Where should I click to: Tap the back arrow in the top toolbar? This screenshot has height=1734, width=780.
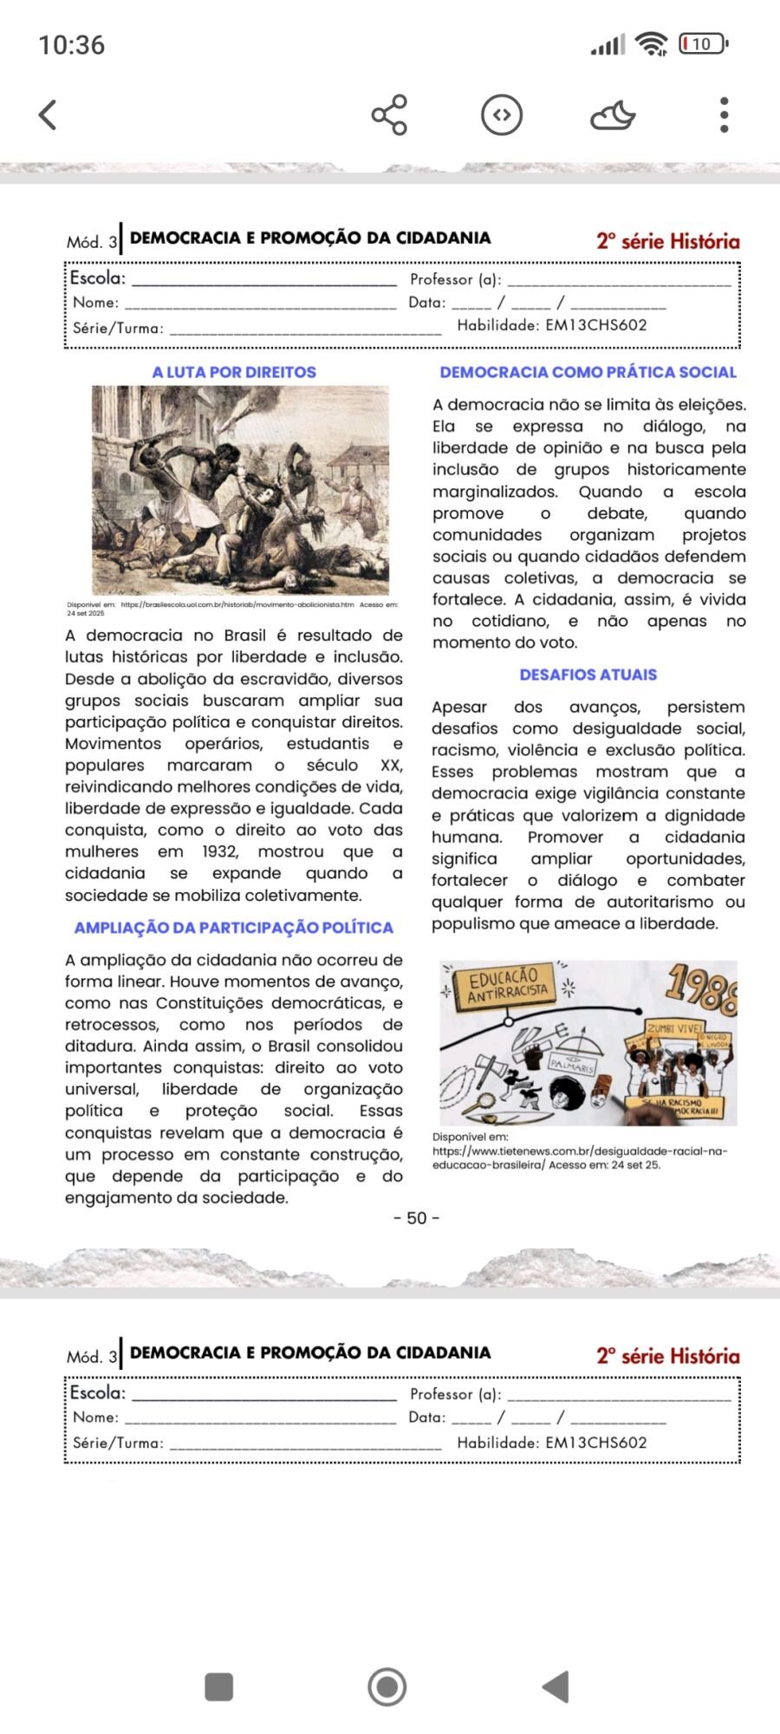[x=49, y=114]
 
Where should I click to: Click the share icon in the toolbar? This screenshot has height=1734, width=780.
[x=389, y=114]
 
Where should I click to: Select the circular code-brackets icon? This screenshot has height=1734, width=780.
[x=502, y=114]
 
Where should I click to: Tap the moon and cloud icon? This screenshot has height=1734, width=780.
[x=613, y=114]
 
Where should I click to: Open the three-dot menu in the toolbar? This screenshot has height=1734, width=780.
[x=725, y=114]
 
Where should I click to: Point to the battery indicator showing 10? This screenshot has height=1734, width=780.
[x=703, y=43]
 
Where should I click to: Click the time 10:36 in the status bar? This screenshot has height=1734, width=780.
[x=72, y=45]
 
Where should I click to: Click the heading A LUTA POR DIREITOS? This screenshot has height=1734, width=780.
[x=234, y=372]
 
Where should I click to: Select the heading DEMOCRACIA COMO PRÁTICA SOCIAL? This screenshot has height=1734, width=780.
[x=588, y=372]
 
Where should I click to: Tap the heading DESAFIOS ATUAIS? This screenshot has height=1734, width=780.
[x=588, y=675]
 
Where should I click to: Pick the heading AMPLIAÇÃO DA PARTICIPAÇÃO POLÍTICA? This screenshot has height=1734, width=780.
[x=234, y=928]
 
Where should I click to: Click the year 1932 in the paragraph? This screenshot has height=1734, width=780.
[x=219, y=851]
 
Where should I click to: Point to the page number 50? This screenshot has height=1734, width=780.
[x=417, y=1218]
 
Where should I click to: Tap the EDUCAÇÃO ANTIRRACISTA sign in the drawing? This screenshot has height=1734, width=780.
[x=509, y=984]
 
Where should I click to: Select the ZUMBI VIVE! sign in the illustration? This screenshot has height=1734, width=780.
[x=674, y=1028]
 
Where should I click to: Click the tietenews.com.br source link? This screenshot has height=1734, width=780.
[x=580, y=1151]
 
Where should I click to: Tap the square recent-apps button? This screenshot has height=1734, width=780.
[x=218, y=1686]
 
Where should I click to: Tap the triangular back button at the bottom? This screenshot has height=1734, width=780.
[x=556, y=1686]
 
